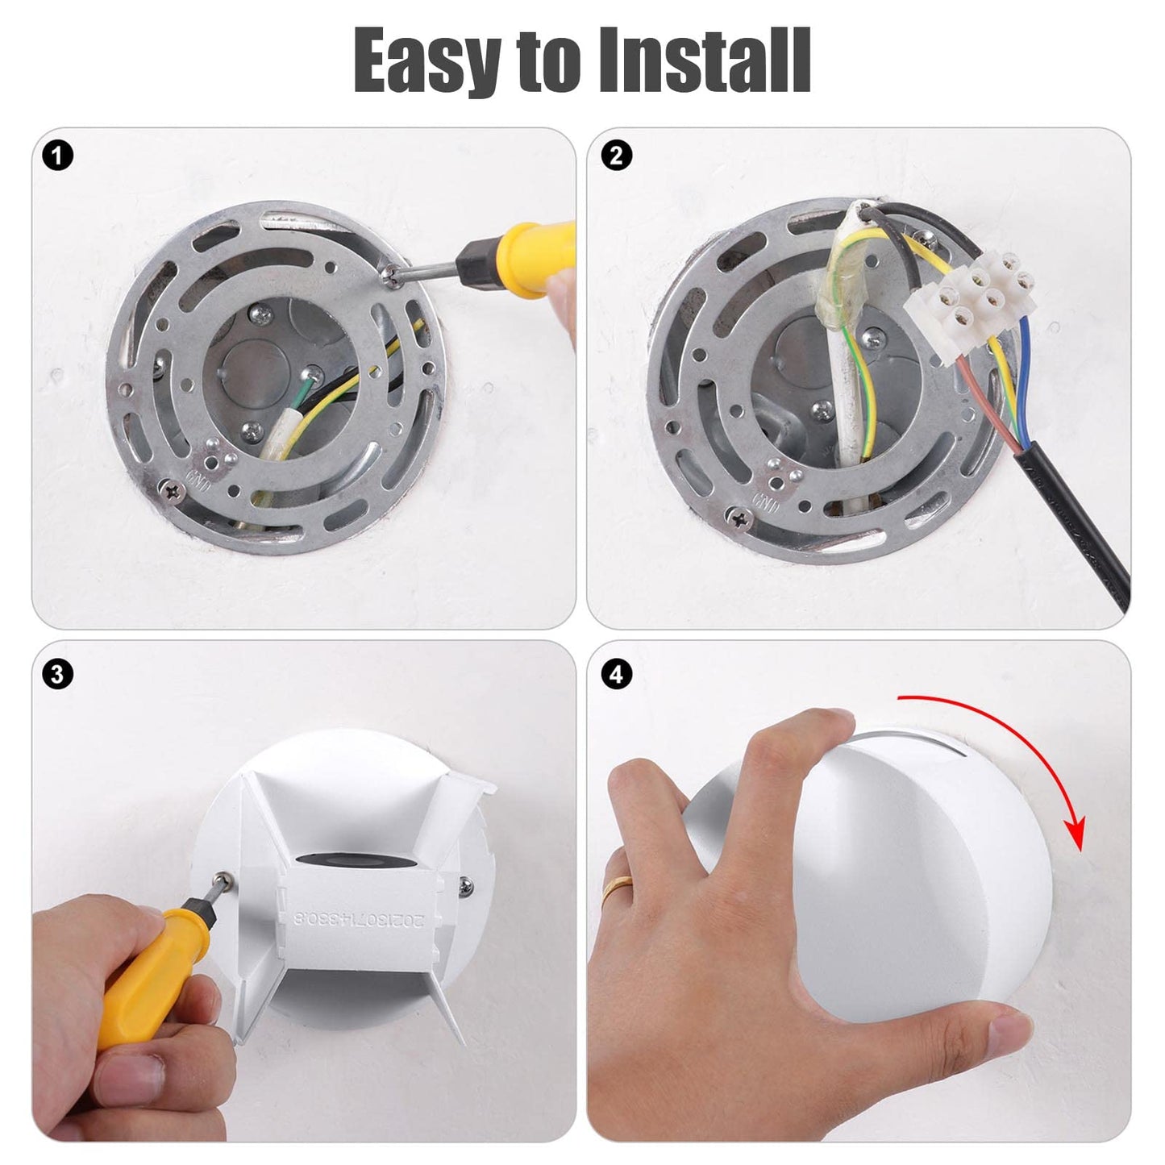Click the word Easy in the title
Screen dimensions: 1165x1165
426,61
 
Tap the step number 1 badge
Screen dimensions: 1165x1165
58,156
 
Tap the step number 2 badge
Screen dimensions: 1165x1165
617,156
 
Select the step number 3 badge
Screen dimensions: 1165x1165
58,673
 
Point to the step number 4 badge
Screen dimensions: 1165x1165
617,673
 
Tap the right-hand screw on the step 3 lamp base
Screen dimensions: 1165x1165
466,887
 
